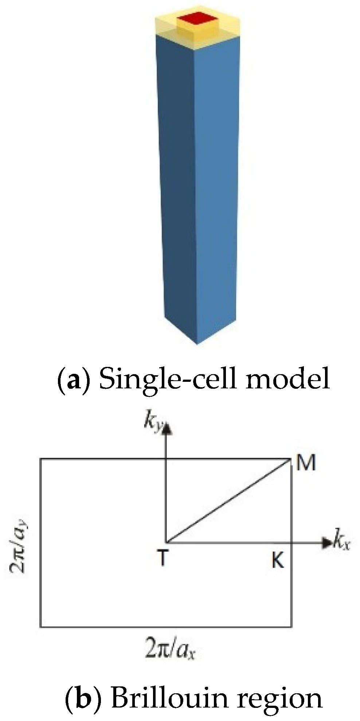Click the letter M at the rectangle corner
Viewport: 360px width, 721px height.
(305, 464)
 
